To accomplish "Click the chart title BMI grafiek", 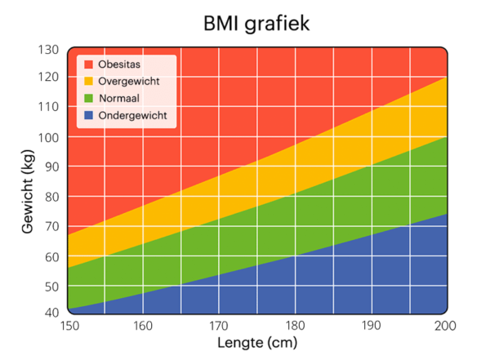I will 257,24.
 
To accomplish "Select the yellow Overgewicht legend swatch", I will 88,82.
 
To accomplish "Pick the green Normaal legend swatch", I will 88,99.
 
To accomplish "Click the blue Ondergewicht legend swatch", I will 88,116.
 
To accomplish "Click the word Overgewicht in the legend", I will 128,82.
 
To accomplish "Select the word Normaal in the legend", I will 119,99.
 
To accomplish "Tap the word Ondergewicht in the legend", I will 132,116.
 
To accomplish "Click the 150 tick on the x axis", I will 69,327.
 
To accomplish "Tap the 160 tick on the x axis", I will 144,327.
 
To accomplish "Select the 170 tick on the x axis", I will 220,327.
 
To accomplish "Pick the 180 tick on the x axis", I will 296,327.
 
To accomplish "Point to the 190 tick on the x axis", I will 372,327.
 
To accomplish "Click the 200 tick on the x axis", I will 444,327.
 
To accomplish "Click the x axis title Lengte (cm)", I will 257,344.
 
